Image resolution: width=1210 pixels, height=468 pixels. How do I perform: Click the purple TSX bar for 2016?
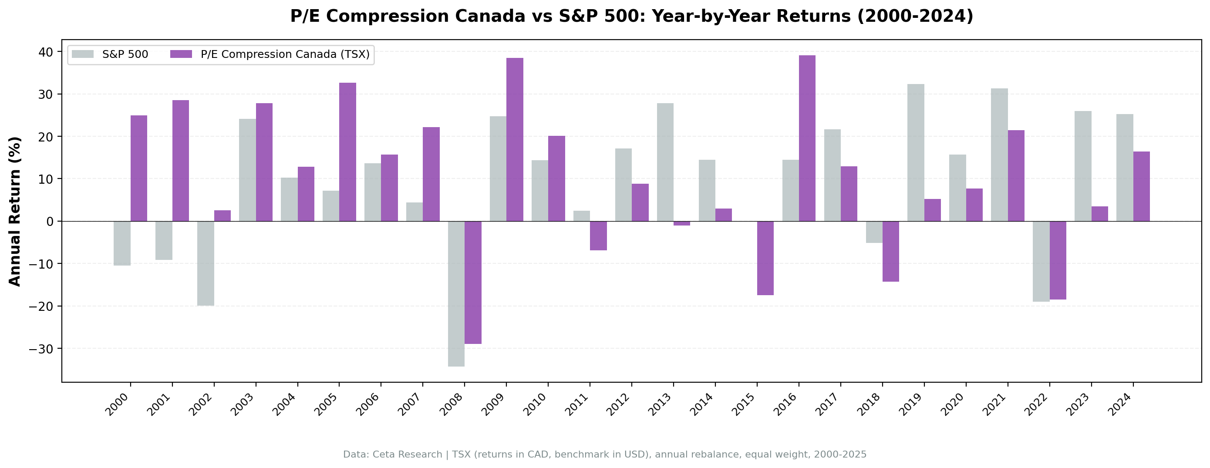point(807,138)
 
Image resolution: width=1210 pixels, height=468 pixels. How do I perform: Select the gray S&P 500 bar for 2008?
point(456,294)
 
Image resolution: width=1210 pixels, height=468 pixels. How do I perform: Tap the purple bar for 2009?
point(515,140)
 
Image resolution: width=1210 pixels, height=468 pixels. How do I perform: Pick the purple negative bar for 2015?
point(765,258)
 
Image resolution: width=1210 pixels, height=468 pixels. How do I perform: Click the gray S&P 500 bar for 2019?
point(916,153)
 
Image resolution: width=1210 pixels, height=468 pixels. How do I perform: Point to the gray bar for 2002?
point(206,263)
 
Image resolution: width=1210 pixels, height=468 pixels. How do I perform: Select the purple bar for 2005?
point(347,152)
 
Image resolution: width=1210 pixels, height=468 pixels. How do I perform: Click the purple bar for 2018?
point(890,251)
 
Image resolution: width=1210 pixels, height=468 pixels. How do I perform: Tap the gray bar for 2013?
point(665,162)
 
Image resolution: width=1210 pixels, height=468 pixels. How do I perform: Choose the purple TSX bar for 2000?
point(138,168)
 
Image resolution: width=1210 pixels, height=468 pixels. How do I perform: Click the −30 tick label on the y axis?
point(41,349)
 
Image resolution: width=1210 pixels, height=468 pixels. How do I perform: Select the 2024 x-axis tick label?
point(1119,404)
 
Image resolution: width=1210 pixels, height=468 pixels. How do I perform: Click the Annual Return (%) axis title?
point(15,211)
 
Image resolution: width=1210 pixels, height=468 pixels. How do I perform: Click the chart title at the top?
point(631,17)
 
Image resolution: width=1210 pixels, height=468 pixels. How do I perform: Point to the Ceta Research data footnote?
point(604,455)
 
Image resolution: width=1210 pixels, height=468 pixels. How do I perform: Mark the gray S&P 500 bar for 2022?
point(1041,261)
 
